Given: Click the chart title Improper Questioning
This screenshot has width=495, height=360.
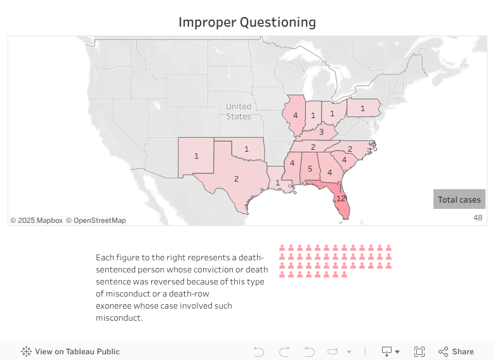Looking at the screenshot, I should (x=247, y=22).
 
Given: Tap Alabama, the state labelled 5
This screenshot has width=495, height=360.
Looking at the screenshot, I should (x=310, y=169).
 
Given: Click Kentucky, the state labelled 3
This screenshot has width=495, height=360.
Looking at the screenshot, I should (x=321, y=132).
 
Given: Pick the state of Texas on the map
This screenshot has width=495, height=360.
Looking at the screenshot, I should (x=236, y=178).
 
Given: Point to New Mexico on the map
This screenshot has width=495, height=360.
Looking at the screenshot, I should (x=196, y=156).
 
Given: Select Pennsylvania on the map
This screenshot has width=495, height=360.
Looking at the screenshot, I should (x=362, y=109).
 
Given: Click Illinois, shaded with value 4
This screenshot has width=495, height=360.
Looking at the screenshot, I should (x=295, y=116).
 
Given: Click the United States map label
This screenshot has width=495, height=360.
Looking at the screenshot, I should (x=239, y=111).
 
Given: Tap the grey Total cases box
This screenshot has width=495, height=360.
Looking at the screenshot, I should (x=459, y=199).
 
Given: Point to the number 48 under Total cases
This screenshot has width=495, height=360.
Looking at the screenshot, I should (x=478, y=218).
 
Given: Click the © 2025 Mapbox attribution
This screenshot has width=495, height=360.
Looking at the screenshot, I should (x=36, y=220).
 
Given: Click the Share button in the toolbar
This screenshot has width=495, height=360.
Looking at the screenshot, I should (x=456, y=352).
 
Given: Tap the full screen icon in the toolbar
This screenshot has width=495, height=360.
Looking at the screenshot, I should (x=419, y=352).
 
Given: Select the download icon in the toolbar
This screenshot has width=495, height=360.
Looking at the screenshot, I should (x=386, y=352).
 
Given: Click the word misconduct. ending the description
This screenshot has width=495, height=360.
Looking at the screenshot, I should (x=119, y=318).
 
